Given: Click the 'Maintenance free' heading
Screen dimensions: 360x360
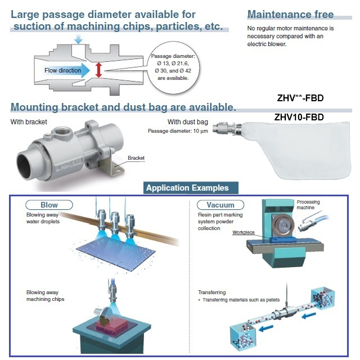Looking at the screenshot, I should click(x=290, y=15).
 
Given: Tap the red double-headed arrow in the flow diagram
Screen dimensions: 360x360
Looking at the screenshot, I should click(x=99, y=70).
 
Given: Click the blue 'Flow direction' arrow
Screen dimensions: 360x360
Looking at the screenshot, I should click(x=66, y=70).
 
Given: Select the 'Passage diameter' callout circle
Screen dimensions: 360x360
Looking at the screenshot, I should click(x=173, y=67).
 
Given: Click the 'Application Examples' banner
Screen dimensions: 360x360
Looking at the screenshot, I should click(x=187, y=188).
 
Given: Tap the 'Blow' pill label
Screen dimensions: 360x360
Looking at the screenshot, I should click(x=49, y=205).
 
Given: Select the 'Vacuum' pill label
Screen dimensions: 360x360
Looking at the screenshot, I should click(x=220, y=205).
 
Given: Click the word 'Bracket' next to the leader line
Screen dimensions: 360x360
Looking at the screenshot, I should click(x=136, y=158).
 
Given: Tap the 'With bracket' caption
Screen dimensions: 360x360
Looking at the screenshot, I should click(x=29, y=121).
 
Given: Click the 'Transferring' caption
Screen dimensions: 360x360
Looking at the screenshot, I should click(x=212, y=292).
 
